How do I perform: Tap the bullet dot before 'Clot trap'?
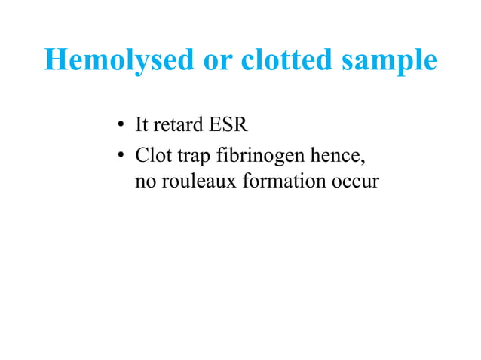click(120, 157)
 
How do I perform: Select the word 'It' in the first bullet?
click(140, 123)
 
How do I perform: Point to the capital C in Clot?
click(140, 156)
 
